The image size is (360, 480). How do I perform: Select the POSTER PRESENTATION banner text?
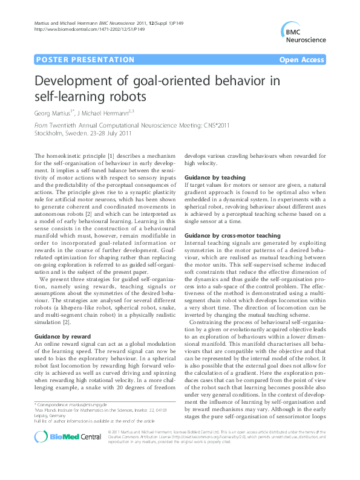tap(85, 60)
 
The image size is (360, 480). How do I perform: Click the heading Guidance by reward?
tap(63, 335)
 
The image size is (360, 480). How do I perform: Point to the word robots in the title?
tap(126, 96)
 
